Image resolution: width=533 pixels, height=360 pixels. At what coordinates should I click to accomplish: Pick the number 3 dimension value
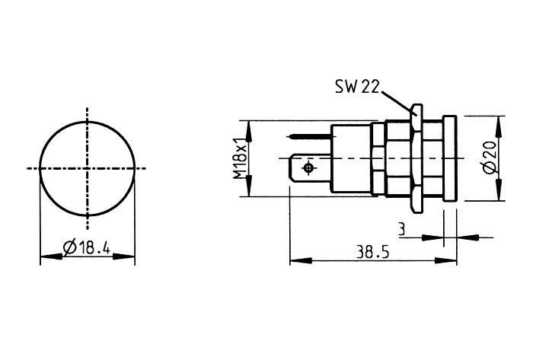[x=401, y=227]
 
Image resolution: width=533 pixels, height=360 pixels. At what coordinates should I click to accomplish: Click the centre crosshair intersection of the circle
[x=88, y=167]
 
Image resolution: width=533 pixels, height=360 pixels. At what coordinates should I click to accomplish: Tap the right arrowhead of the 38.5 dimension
[x=451, y=262]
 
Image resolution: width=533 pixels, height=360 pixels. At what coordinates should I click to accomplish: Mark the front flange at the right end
[x=448, y=159]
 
